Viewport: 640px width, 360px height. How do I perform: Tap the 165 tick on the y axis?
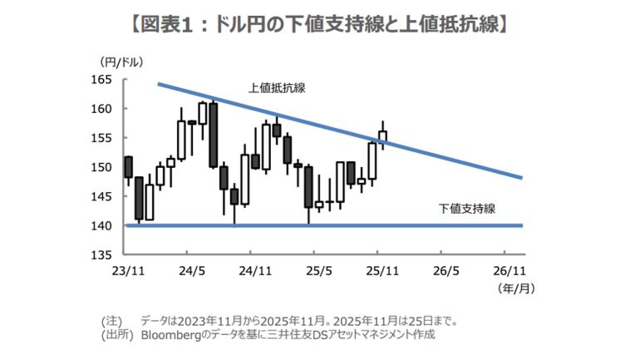coord(102,80)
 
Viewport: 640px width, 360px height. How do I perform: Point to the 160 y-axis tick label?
coord(102,109)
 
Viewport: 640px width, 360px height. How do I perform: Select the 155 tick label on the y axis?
coord(102,138)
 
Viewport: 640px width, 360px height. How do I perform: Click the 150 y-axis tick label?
coord(102,167)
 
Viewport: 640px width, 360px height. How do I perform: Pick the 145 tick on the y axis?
coord(102,196)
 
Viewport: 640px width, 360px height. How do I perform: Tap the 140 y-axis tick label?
coord(102,225)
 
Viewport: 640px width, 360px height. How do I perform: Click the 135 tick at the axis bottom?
coord(102,254)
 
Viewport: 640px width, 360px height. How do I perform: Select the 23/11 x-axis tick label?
coord(125,270)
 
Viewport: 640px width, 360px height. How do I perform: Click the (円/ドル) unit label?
coord(120,62)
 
